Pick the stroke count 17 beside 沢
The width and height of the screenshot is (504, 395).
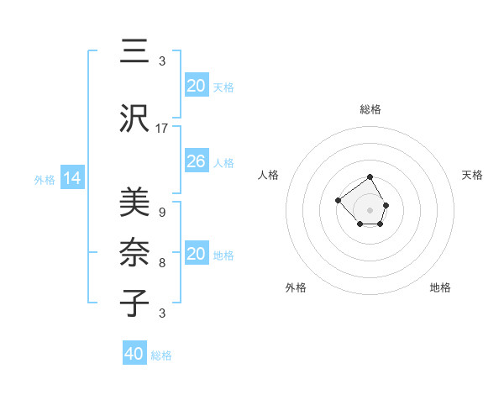[x=162, y=129]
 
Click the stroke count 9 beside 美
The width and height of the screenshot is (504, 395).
[x=161, y=213]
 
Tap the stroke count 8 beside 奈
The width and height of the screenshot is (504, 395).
[x=161, y=263]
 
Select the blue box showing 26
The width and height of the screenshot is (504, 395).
[x=196, y=161]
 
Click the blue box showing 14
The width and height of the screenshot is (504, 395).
[x=72, y=178]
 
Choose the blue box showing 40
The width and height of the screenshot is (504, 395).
[x=134, y=354]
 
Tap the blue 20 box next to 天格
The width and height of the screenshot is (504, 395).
[x=196, y=86]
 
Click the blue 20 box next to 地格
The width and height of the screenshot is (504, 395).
[x=196, y=254]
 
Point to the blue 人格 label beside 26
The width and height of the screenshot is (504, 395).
[x=223, y=162]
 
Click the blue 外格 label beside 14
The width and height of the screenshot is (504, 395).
[x=45, y=179]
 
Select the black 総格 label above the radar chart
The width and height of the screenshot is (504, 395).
[x=370, y=109]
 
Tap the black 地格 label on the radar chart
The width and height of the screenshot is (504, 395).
[x=440, y=287]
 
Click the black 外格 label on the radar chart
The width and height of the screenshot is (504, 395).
[x=296, y=287]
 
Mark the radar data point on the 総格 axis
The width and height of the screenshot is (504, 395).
[x=370, y=177]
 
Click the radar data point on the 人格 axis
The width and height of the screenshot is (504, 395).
[x=338, y=200]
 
